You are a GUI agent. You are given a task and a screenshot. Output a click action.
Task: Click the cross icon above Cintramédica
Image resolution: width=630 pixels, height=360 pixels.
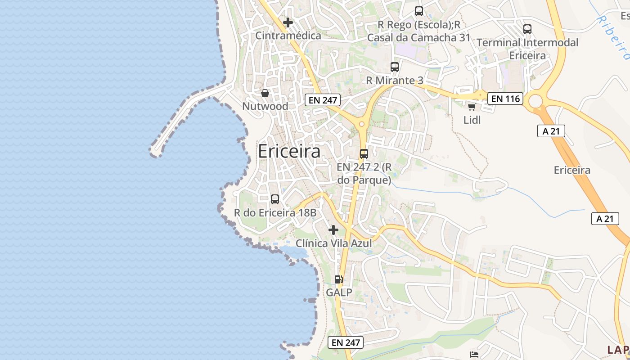288,22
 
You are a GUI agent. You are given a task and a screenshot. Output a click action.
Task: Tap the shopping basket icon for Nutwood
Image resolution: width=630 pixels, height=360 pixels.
265,93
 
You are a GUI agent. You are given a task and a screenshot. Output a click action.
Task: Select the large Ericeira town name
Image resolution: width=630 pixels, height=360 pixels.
289,152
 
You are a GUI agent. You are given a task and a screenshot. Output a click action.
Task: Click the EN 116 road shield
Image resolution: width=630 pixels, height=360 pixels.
506,99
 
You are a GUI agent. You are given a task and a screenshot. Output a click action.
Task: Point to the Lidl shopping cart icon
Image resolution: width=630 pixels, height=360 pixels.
472,107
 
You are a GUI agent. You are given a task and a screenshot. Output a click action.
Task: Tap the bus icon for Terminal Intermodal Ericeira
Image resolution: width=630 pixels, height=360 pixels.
527,29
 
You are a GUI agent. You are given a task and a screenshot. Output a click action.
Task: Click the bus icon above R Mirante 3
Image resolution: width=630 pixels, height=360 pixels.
395,67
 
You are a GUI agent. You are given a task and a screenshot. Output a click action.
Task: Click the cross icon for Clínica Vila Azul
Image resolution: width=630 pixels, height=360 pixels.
333,230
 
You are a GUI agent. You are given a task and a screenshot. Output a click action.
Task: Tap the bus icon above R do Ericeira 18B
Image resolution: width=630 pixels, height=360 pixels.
275,199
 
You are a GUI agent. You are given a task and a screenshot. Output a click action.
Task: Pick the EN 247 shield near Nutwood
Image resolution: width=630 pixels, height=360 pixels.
323,100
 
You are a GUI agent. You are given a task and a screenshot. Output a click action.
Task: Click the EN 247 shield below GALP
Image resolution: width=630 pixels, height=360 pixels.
345,342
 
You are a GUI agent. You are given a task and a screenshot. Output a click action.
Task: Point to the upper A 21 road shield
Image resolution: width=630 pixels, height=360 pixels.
551,131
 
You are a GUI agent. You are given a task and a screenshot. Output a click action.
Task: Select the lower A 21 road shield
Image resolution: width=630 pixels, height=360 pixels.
605,219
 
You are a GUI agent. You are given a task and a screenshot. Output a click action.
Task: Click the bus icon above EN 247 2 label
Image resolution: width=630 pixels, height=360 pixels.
364,153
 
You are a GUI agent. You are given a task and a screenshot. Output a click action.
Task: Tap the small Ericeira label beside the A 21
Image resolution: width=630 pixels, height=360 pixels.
572,170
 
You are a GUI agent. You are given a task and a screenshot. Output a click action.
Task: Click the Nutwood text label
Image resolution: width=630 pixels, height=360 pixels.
265,107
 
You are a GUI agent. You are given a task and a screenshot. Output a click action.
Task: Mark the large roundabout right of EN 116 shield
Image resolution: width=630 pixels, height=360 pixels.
535,101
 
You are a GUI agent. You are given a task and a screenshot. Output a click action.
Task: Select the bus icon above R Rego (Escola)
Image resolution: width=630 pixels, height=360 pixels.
419,11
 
